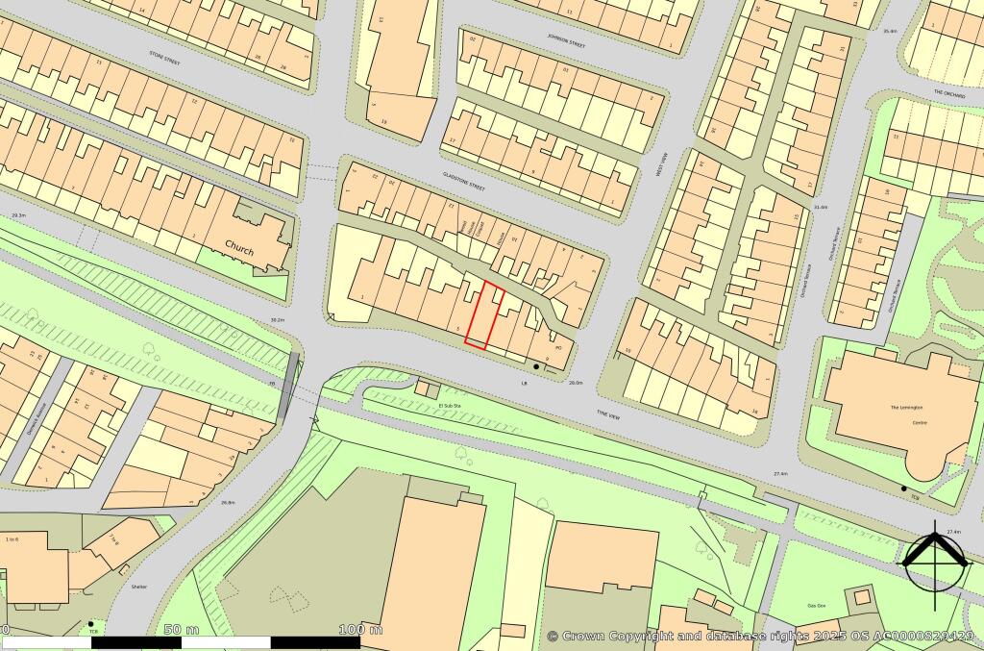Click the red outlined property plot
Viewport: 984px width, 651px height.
(485, 315)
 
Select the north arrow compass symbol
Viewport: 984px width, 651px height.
(934, 559)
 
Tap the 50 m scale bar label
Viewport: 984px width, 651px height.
(173, 630)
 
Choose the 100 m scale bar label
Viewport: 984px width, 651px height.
(360, 630)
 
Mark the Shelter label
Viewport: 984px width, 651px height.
(139, 585)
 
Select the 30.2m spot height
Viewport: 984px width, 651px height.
(278, 320)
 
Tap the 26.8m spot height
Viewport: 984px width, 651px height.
(228, 502)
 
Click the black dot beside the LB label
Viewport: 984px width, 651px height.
(536, 366)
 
